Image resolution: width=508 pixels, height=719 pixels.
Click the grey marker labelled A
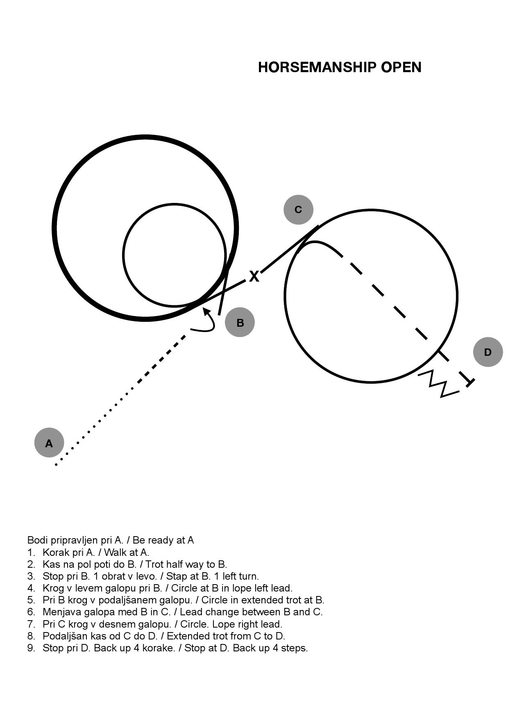(49, 443)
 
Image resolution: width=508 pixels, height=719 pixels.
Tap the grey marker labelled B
(240, 322)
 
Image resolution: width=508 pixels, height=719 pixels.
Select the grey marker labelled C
(298, 209)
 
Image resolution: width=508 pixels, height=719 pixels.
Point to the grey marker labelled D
(488, 352)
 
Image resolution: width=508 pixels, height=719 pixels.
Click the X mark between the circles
(254, 276)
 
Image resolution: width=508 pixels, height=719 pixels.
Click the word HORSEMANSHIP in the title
(317, 67)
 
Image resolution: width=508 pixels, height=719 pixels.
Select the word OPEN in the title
(401, 67)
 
